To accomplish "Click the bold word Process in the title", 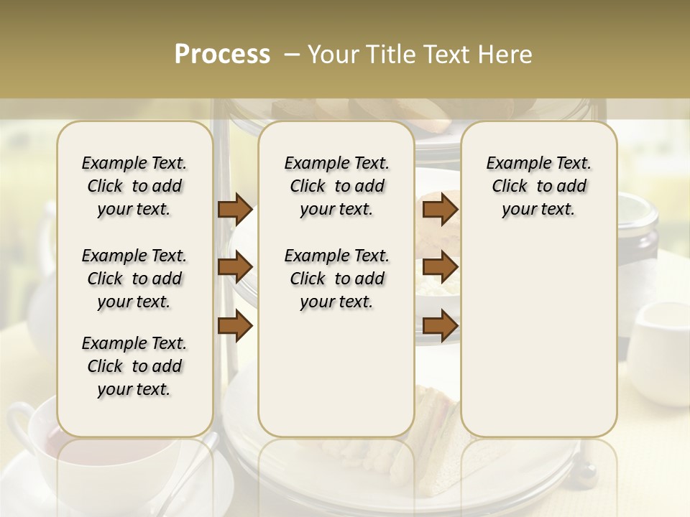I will pyautogui.click(x=222, y=55).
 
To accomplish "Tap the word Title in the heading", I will pyautogui.click(x=389, y=55).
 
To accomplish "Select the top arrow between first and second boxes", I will pyautogui.click(x=235, y=210).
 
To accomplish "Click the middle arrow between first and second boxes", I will pyautogui.click(x=235, y=268).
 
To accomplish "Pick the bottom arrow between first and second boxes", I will pyautogui.click(x=235, y=326).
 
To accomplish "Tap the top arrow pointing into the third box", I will pyautogui.click(x=440, y=210).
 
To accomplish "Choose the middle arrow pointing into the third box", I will pyautogui.click(x=440, y=268).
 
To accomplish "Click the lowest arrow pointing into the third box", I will pyautogui.click(x=440, y=326).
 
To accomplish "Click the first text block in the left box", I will pyautogui.click(x=134, y=186).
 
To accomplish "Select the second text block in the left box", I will pyautogui.click(x=134, y=279).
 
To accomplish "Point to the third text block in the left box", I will pyautogui.click(x=134, y=366).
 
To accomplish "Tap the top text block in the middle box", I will pyautogui.click(x=336, y=186).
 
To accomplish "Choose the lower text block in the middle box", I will pyautogui.click(x=336, y=279).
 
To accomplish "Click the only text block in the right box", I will pyautogui.click(x=538, y=186).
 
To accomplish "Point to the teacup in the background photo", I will pyautogui.click(x=36, y=445).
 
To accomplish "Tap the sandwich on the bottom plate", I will pyautogui.click(x=435, y=424).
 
